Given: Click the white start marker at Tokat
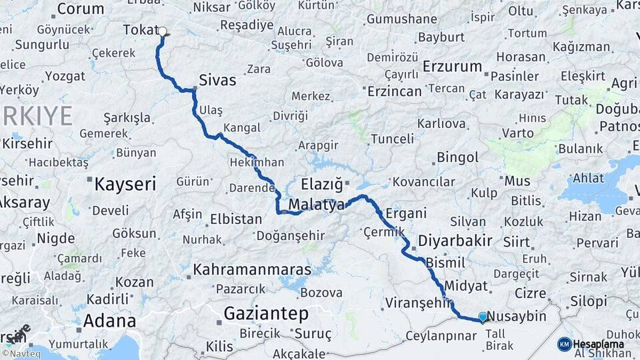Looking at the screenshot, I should [x=162, y=31].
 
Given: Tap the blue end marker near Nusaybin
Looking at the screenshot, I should [x=483, y=317].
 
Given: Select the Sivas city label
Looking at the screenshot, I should [x=217, y=80].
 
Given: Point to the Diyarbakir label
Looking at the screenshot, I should [x=455, y=241].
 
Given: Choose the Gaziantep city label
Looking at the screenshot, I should [x=266, y=313].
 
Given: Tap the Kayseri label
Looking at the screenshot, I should [x=125, y=184].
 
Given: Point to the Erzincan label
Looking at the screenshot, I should [x=395, y=91].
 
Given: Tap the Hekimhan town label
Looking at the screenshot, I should [x=257, y=163].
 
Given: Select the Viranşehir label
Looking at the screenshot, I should [x=418, y=303].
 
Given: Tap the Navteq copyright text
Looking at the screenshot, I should [x=23, y=353].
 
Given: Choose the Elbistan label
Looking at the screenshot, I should [x=236, y=219].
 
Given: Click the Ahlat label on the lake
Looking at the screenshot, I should [x=587, y=178].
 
